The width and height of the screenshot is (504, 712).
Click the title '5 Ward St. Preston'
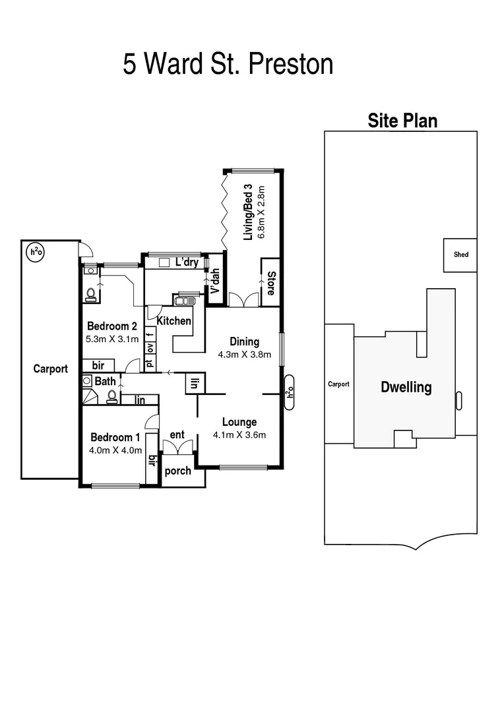coord(228,65)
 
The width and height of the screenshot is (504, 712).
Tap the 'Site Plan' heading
coord(402,121)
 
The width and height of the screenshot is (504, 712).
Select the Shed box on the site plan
coord(460,254)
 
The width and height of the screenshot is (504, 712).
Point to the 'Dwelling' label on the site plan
coord(406,387)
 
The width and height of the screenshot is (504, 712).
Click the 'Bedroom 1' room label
coord(115,437)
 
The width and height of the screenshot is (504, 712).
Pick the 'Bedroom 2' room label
coord(112,326)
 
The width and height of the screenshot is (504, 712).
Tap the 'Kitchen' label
coord(174,321)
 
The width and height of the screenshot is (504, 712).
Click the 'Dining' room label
coord(244,341)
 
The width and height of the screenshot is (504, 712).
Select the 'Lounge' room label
coord(239,423)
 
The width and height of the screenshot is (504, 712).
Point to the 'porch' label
coord(177,471)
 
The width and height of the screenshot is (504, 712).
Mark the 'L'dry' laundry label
coord(187,262)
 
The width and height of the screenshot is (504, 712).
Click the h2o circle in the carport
coord(34,251)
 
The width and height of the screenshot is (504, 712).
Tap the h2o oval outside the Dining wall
coord(288,393)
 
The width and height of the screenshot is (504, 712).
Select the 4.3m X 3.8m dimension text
coord(244,354)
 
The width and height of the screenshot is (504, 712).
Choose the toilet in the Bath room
coord(112,396)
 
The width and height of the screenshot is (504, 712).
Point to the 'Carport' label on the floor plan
coord(51,369)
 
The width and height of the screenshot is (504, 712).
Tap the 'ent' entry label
coord(177,434)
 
